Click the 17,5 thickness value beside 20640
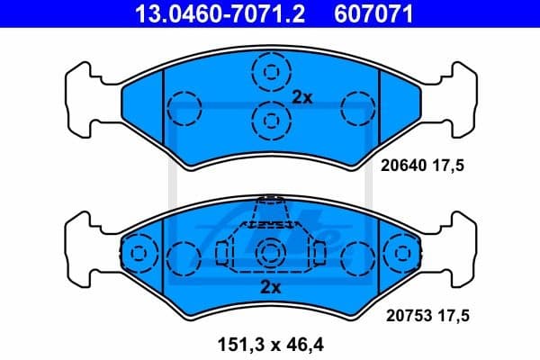pyautogui.click(x=455, y=166)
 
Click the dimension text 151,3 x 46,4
pyautogui.click(x=270, y=343)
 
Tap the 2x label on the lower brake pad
pyautogui.click(x=270, y=287)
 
